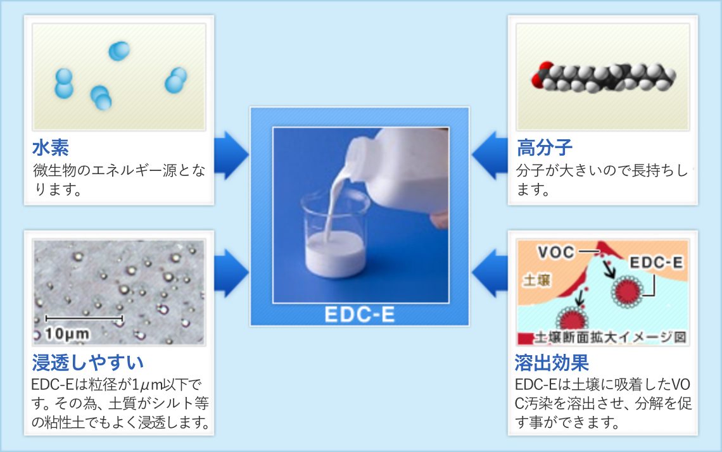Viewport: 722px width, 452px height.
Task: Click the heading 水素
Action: tap(51, 148)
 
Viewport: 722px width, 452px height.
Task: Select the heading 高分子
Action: tap(544, 148)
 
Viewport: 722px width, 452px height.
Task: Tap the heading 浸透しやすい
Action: tap(88, 363)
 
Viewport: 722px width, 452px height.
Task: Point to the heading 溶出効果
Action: tap(552, 363)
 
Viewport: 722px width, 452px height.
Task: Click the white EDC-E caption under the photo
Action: tap(360, 315)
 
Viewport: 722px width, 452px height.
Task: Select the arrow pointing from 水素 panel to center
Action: tap(231, 155)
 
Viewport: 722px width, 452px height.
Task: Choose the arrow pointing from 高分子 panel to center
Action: tap(490, 155)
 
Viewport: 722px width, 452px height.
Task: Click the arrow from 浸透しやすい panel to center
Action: tap(231, 273)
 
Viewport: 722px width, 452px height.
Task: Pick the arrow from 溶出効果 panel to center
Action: tap(490, 273)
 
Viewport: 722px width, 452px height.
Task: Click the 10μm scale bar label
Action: tap(68, 334)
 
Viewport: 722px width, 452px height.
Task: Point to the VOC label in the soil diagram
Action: tap(556, 252)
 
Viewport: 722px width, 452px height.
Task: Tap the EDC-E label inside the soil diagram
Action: tap(656, 262)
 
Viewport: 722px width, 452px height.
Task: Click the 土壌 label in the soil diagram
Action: tap(536, 279)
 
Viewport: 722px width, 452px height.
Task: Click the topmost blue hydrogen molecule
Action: tap(119, 51)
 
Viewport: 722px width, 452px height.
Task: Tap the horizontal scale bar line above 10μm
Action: tap(84, 318)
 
